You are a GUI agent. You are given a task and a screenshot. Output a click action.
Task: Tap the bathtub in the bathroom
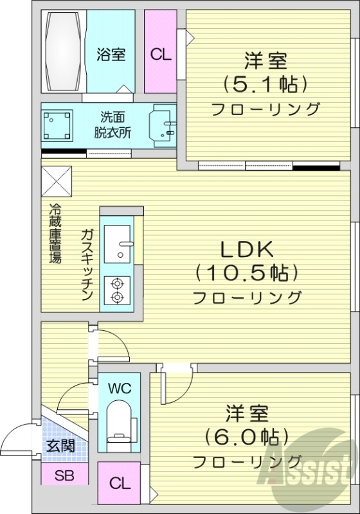click(62, 51)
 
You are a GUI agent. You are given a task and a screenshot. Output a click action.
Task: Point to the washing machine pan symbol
click(57, 125)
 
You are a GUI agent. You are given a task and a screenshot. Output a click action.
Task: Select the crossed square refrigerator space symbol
click(57, 181)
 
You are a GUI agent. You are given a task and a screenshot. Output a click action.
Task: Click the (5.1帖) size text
click(264, 84)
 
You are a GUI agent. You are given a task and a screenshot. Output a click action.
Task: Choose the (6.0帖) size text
click(246, 436)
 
